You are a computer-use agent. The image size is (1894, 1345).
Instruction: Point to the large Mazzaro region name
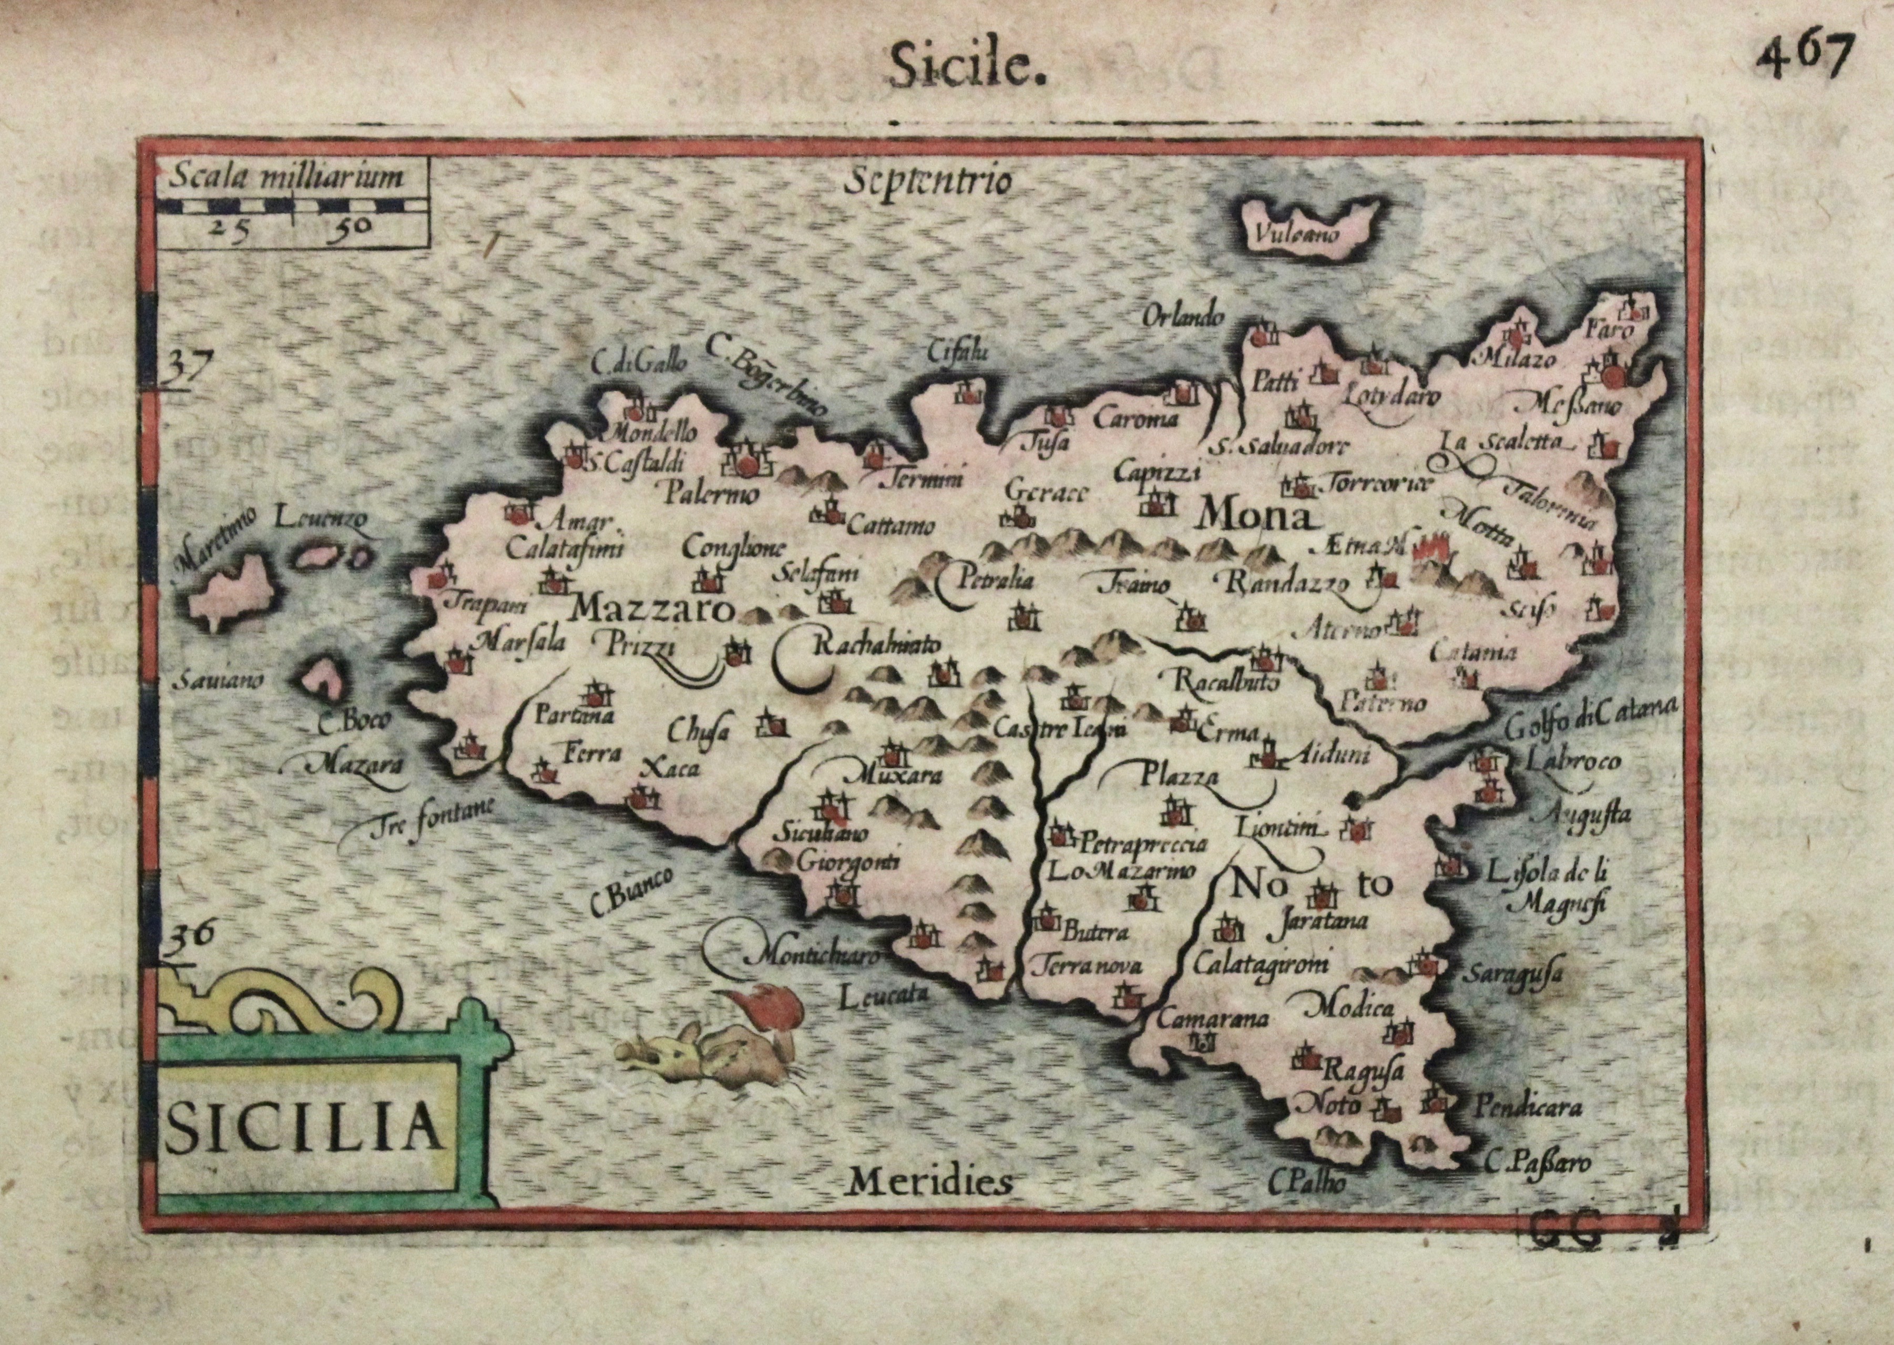pos(653,610)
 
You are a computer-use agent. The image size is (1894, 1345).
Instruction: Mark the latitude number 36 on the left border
pos(190,936)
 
